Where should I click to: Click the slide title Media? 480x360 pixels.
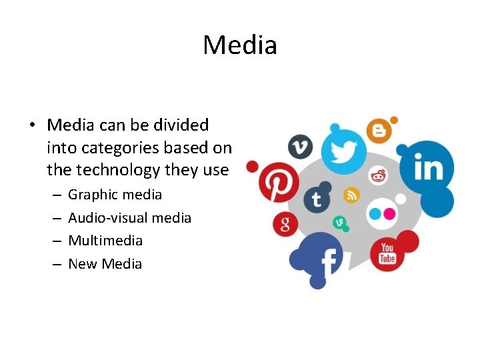pyautogui.click(x=240, y=45)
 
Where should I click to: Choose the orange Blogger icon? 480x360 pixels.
pyautogui.click(x=378, y=130)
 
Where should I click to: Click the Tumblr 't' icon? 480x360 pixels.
pyautogui.click(x=317, y=199)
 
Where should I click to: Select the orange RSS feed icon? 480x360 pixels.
pyautogui.click(x=351, y=195)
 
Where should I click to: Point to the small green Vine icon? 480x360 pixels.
pyautogui.click(x=339, y=223)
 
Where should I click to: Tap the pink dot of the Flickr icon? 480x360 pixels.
pyautogui.click(x=390, y=213)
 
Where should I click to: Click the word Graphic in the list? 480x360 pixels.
pyautogui.click(x=91, y=195)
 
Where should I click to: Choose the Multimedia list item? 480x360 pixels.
pyautogui.click(x=105, y=241)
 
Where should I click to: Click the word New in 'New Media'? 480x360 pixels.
pyautogui.click(x=82, y=264)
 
